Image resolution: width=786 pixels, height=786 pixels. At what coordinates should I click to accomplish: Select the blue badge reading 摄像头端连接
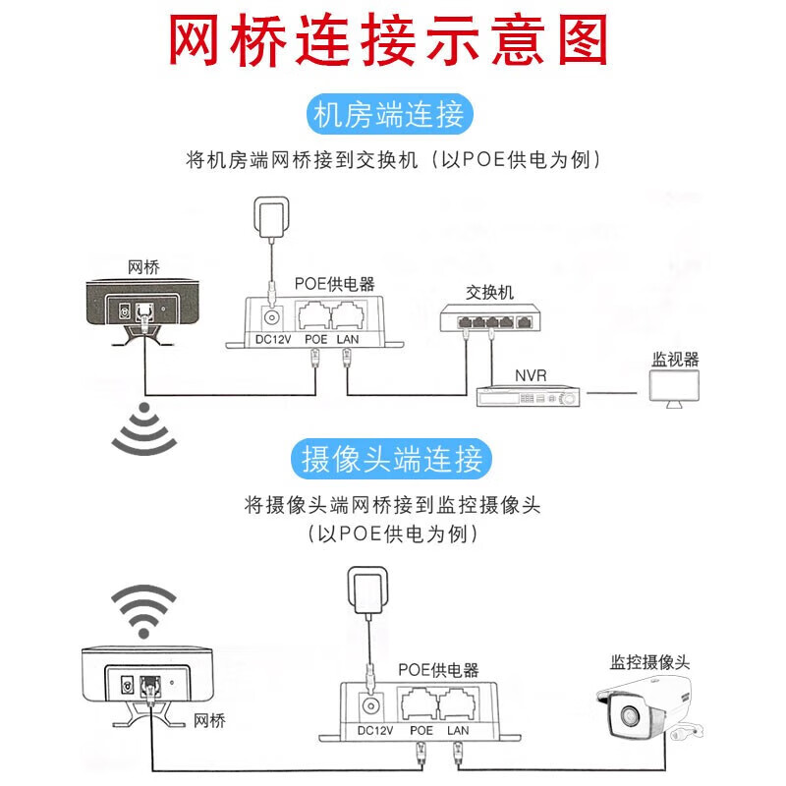pyautogui.click(x=391, y=459)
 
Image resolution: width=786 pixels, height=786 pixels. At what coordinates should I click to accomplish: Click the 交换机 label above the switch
pyautogui.click(x=489, y=292)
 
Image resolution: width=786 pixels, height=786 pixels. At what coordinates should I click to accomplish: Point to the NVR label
pyautogui.click(x=531, y=374)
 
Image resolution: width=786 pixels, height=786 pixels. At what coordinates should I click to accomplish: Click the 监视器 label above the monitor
pyautogui.click(x=675, y=360)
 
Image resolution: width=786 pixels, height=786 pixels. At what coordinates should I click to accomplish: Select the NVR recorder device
pyautogui.click(x=529, y=397)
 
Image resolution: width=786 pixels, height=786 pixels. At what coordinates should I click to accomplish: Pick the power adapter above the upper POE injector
pyautogui.click(x=270, y=217)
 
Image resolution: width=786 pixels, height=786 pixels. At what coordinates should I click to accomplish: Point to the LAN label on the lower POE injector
pyautogui.click(x=458, y=730)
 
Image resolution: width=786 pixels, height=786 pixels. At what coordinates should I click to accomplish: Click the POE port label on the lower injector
pyautogui.click(x=421, y=730)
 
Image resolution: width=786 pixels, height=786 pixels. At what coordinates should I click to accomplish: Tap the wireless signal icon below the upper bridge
pyautogui.click(x=143, y=429)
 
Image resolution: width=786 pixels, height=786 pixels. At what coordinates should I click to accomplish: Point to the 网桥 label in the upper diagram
pyautogui.click(x=143, y=267)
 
